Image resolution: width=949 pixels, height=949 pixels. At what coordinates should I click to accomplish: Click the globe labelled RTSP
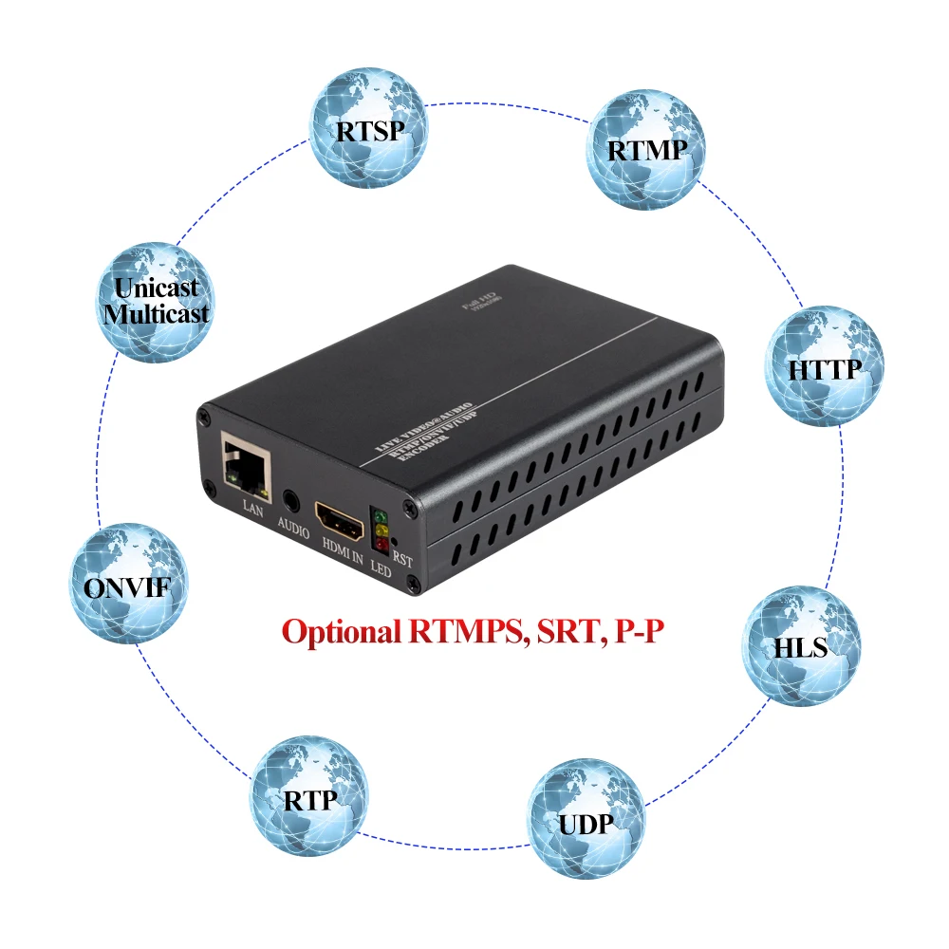(369, 129)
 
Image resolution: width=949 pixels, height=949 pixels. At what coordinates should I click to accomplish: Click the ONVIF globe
(129, 585)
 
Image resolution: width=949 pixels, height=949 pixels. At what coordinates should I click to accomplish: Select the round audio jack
(291, 496)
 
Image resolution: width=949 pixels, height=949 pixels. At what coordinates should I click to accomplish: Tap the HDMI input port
(340, 520)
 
